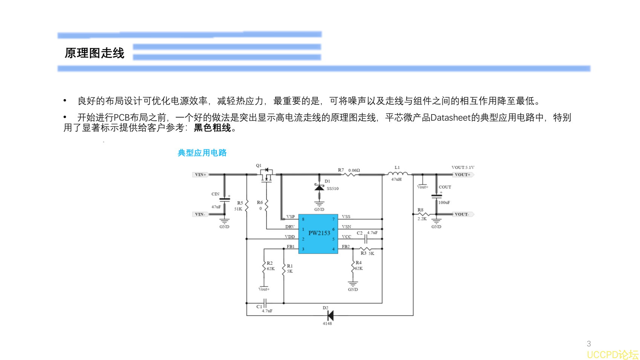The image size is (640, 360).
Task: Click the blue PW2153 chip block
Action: tap(318, 233)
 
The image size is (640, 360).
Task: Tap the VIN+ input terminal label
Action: tap(200, 175)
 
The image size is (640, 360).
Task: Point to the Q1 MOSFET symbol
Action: tap(266, 175)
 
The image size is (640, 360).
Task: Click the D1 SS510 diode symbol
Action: tap(319, 187)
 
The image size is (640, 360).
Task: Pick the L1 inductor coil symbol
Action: tap(397, 173)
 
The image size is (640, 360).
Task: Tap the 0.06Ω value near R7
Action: tap(354, 170)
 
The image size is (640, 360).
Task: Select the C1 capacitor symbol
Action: tap(265, 303)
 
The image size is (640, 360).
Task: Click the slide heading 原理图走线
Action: tap(94, 53)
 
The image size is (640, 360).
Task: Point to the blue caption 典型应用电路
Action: tap(202, 153)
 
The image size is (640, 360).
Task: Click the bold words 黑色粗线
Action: tap(212, 128)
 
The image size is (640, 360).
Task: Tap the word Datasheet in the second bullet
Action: tap(450, 118)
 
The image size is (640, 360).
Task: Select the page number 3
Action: tap(589, 343)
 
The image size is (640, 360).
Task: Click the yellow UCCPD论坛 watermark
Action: tap(612, 355)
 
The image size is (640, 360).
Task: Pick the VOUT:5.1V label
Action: tap(463, 167)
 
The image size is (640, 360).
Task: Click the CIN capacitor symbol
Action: tap(225, 199)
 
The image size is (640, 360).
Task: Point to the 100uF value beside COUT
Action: tap(444, 202)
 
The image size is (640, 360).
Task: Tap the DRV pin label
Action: tap(290, 227)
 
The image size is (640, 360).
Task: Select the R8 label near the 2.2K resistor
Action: tap(420, 210)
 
